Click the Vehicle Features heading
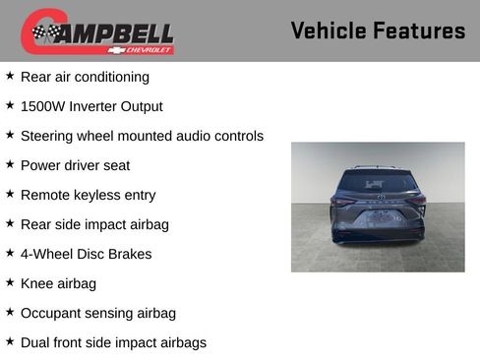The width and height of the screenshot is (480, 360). click(378, 31)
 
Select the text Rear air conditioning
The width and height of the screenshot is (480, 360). click(85, 77)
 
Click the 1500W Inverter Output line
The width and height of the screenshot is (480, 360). click(91, 106)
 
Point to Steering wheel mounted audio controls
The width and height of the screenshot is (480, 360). click(142, 136)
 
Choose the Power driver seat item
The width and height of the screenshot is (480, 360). click(75, 165)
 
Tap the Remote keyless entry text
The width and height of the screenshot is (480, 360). click(88, 195)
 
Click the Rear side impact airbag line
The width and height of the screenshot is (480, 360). click(94, 224)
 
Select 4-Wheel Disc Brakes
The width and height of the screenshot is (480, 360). click(86, 254)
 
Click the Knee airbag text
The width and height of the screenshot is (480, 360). click(58, 283)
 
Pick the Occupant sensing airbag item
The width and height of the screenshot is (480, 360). click(97, 313)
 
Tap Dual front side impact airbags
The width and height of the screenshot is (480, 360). click(113, 342)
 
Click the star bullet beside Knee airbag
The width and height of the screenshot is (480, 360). click(10, 282)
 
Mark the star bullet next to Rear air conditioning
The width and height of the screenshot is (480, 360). click(10, 76)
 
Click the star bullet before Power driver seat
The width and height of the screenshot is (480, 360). click(10, 164)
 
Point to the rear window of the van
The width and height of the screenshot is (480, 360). click(378, 183)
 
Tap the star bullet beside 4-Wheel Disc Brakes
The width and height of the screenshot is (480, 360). click(10, 253)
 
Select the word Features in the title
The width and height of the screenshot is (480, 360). click(419, 31)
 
